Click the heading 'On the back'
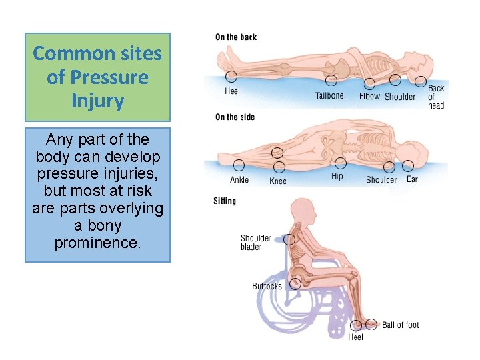235,37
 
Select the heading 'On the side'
235,117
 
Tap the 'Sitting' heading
225,201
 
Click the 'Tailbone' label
329,96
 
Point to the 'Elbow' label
369,97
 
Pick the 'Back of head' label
436,97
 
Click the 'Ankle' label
239,180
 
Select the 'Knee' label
278,181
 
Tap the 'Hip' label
337,177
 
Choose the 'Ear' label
412,179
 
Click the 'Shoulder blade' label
256,243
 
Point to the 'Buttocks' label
267,287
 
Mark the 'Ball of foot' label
401,325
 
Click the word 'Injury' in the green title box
97,101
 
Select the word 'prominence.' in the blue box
97,243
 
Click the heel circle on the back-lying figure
231,77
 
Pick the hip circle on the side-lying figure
341,163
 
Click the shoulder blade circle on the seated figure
289,239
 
